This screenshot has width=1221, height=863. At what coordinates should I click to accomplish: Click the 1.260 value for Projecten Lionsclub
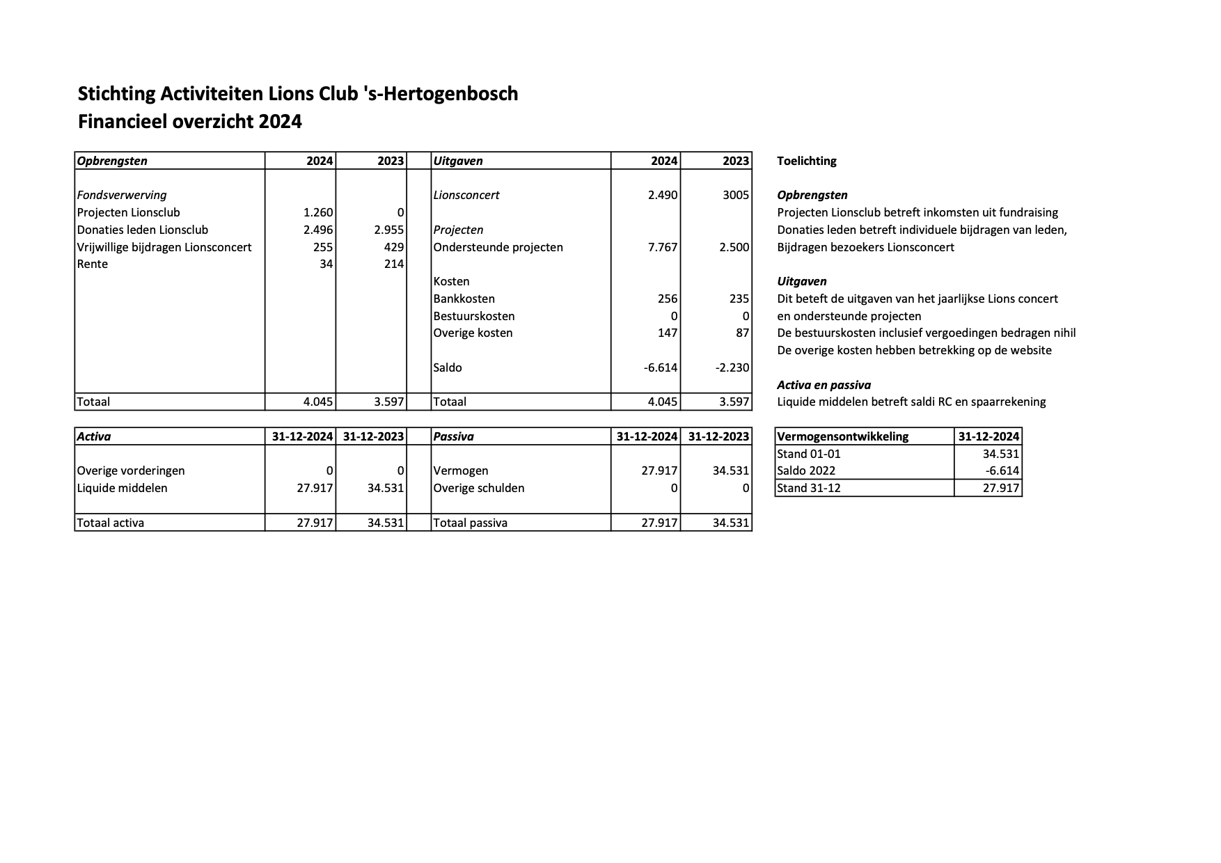point(318,213)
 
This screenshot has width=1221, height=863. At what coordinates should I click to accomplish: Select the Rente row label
point(93,264)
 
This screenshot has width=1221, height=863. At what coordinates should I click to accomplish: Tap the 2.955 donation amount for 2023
point(389,230)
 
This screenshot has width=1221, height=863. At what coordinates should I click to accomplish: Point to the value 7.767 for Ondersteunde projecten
point(662,247)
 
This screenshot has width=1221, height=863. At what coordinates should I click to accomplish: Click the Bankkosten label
point(464,299)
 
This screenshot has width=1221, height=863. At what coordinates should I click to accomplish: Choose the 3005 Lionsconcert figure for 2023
point(736,196)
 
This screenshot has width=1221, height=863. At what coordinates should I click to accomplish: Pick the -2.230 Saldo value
point(732,367)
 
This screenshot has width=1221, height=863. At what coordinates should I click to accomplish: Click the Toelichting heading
point(806,161)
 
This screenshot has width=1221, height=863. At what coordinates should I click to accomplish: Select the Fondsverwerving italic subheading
point(122,196)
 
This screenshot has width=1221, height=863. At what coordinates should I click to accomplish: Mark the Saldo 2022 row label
point(805,471)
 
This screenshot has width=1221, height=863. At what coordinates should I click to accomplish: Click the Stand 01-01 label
point(808,454)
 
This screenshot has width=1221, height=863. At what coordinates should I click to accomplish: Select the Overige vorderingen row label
point(131,471)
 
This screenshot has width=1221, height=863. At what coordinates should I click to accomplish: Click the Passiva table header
point(453,437)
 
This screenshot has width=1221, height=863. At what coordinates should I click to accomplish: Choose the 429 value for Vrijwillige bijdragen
point(394,247)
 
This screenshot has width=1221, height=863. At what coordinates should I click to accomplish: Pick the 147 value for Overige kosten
point(667,333)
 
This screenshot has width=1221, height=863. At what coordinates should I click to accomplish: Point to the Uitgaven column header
point(457,161)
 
